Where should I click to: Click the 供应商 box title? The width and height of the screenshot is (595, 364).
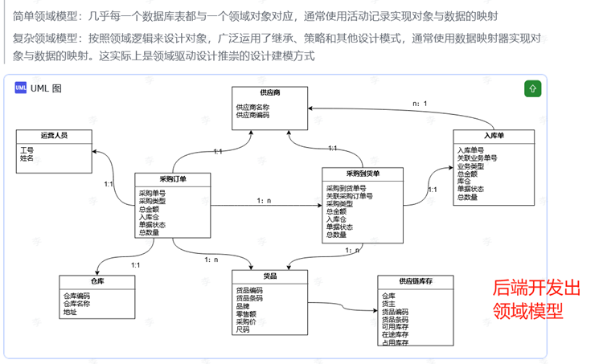pyautogui.click(x=269, y=93)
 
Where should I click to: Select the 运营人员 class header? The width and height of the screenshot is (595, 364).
pyautogui.click(x=54, y=136)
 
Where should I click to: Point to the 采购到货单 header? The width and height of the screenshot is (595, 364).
pyautogui.click(x=363, y=173)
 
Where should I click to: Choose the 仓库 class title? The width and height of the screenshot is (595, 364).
pyautogui.click(x=97, y=282)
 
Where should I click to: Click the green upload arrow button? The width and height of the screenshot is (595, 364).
pyautogui.click(x=532, y=88)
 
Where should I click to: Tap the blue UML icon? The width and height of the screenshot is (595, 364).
pyautogui.click(x=21, y=88)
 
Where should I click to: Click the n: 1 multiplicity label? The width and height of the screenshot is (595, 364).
pyautogui.click(x=419, y=104)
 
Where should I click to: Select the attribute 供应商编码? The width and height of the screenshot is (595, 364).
pyautogui.click(x=252, y=115)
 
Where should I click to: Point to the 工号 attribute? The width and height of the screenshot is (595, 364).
pyautogui.click(x=27, y=150)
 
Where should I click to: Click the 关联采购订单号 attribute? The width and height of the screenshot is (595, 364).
pyautogui.click(x=349, y=195)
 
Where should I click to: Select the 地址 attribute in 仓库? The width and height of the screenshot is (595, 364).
pyautogui.click(x=70, y=311)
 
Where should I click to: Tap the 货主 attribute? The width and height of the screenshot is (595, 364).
pyautogui.click(x=388, y=303)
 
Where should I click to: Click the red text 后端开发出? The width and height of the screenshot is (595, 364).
pyautogui.click(x=535, y=288)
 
